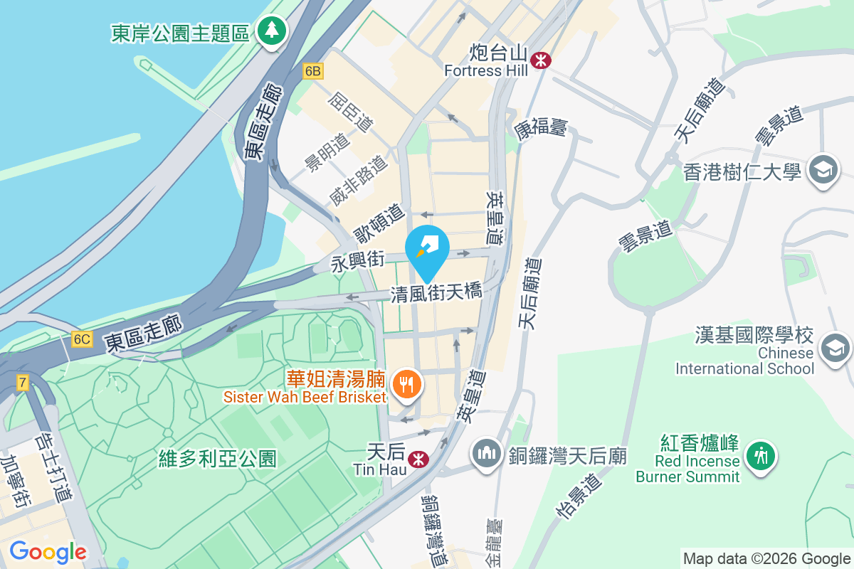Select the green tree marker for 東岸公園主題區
[x=272, y=31]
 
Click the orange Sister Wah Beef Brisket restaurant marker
[x=407, y=385]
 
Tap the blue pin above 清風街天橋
[x=427, y=249]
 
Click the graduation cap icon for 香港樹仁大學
[x=826, y=171]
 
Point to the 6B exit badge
[x=312, y=71]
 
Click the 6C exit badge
[x=81, y=339]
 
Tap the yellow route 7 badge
[x=23, y=383]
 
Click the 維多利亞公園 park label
[x=218, y=459]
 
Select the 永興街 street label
[x=357, y=262]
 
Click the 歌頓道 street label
[x=379, y=222]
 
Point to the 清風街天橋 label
[x=436, y=293]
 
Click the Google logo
[x=48, y=551]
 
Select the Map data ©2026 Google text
[x=766, y=559]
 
